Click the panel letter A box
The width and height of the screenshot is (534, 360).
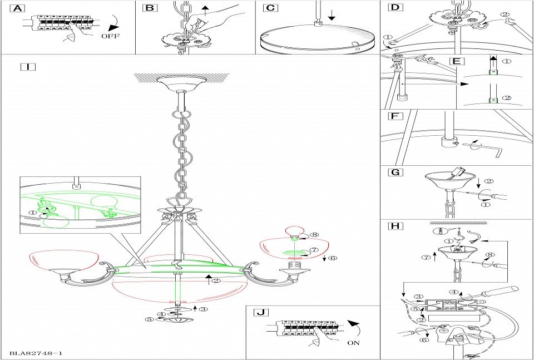(18, 8)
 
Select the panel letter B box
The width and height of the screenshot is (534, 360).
(150, 8)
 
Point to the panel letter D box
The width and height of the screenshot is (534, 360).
(395, 8)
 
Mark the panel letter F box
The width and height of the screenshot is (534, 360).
(394, 117)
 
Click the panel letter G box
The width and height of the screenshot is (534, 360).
(395, 172)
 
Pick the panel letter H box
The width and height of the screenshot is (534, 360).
(395, 226)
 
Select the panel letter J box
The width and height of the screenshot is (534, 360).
(260, 312)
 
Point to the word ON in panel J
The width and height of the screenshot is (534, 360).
(353, 343)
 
